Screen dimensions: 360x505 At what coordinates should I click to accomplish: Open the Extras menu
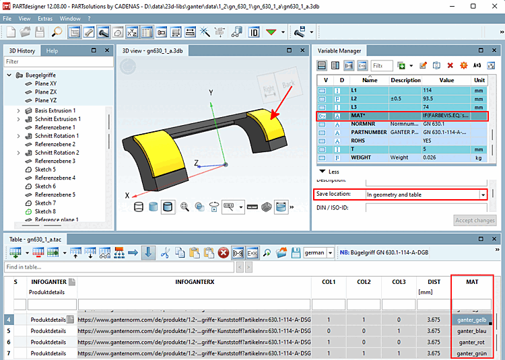pos(44,18)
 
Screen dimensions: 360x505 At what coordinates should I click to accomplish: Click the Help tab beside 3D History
pos(52,50)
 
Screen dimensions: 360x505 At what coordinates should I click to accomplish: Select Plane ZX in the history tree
pos(46,92)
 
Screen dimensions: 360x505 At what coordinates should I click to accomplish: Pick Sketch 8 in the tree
pos(45,211)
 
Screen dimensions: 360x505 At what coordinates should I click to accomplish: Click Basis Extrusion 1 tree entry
pos(55,110)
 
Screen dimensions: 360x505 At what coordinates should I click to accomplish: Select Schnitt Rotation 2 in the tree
pos(57,153)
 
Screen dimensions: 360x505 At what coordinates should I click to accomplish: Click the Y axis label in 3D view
pos(211,92)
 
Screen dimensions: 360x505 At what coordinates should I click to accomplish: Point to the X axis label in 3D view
pos(126,195)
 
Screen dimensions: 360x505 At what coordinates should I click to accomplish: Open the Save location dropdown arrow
pos(483,194)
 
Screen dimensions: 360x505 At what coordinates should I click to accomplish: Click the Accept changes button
pos(475,221)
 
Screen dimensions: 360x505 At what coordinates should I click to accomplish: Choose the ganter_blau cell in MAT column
pos(472,332)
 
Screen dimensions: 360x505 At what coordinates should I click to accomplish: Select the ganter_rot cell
pos(472,343)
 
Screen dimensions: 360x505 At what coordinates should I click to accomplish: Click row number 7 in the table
pos(9,353)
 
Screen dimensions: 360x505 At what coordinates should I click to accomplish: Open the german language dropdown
pos(330,252)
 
